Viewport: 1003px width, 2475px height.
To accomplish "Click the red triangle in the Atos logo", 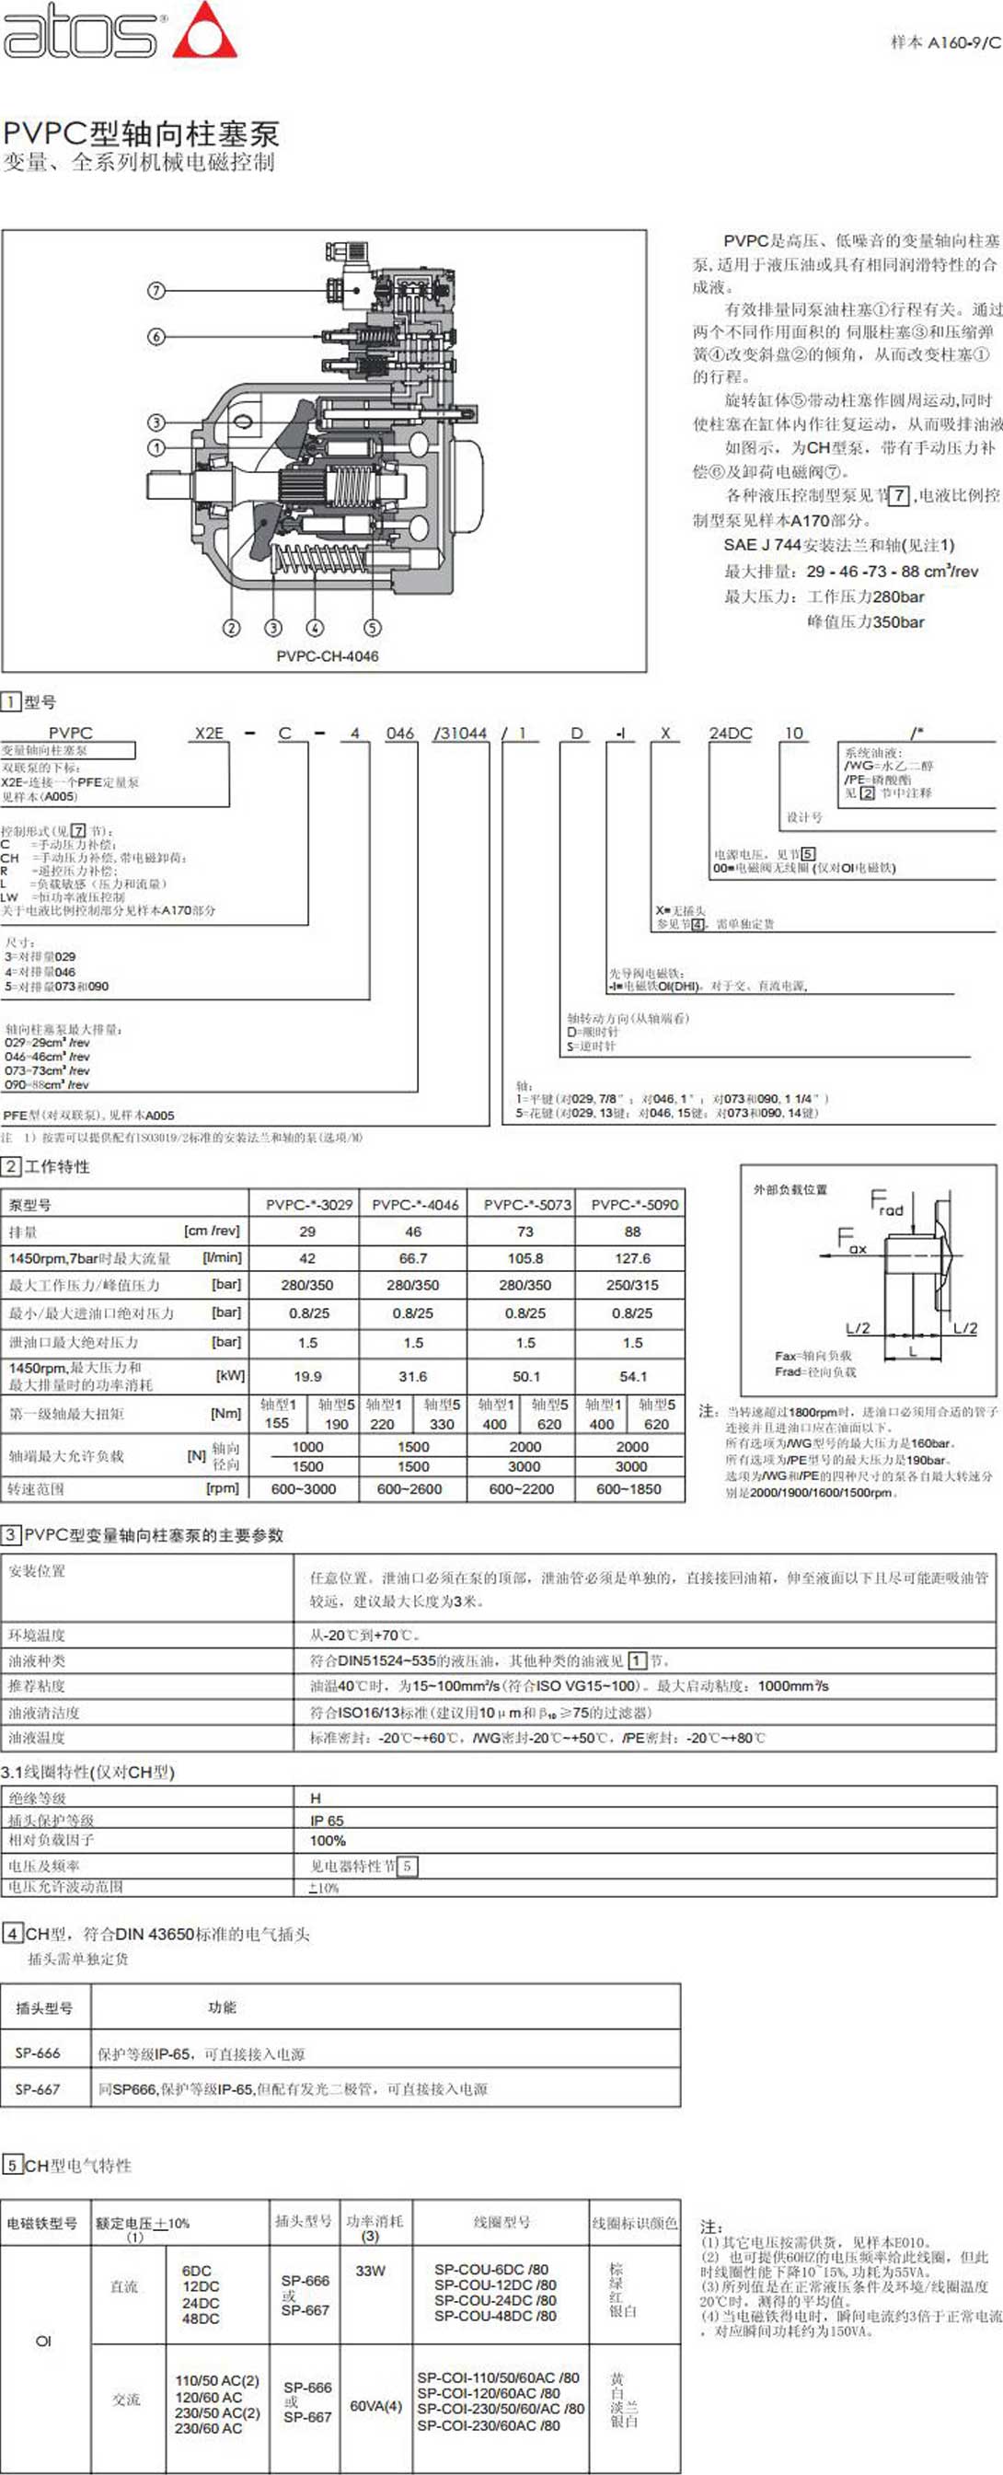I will (203, 35).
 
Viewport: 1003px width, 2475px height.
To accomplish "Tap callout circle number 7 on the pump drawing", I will (156, 289).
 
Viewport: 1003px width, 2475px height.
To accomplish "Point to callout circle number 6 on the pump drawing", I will (156, 336).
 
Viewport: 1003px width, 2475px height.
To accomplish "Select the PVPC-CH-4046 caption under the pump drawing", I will (328, 656).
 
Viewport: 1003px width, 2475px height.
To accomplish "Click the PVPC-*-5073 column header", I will (526, 1204).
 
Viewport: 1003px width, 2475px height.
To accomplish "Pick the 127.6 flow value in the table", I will (632, 1257).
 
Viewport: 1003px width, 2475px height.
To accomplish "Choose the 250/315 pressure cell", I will (632, 1285).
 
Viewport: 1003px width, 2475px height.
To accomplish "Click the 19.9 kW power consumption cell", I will (307, 1376).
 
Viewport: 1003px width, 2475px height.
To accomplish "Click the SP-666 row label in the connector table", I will (38, 2053).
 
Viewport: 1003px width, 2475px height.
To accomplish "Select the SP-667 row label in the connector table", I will (38, 2088).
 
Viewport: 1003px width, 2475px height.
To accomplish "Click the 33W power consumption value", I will (370, 2271).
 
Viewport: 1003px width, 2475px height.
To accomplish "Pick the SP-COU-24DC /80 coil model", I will (495, 2300).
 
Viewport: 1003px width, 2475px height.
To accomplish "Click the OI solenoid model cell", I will (43, 2341).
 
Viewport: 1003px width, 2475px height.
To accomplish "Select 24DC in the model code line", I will (730, 733).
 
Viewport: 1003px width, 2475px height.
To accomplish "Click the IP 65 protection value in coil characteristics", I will (327, 1820).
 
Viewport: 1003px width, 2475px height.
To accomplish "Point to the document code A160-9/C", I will (945, 42).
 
